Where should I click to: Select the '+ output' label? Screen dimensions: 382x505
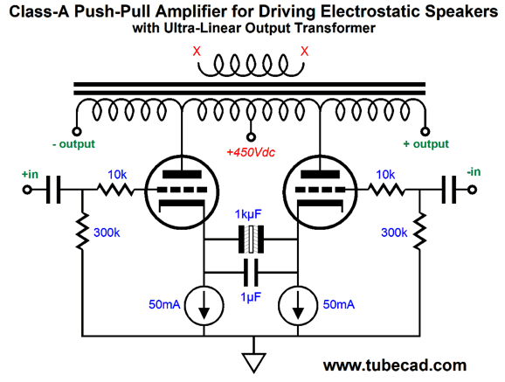425,144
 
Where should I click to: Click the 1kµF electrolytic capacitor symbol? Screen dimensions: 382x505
252,236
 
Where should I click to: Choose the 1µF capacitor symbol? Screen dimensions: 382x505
252,269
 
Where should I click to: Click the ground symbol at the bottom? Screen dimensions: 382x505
253,361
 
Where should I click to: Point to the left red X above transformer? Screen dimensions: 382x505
198,51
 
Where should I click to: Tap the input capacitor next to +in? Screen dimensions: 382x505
53,189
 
